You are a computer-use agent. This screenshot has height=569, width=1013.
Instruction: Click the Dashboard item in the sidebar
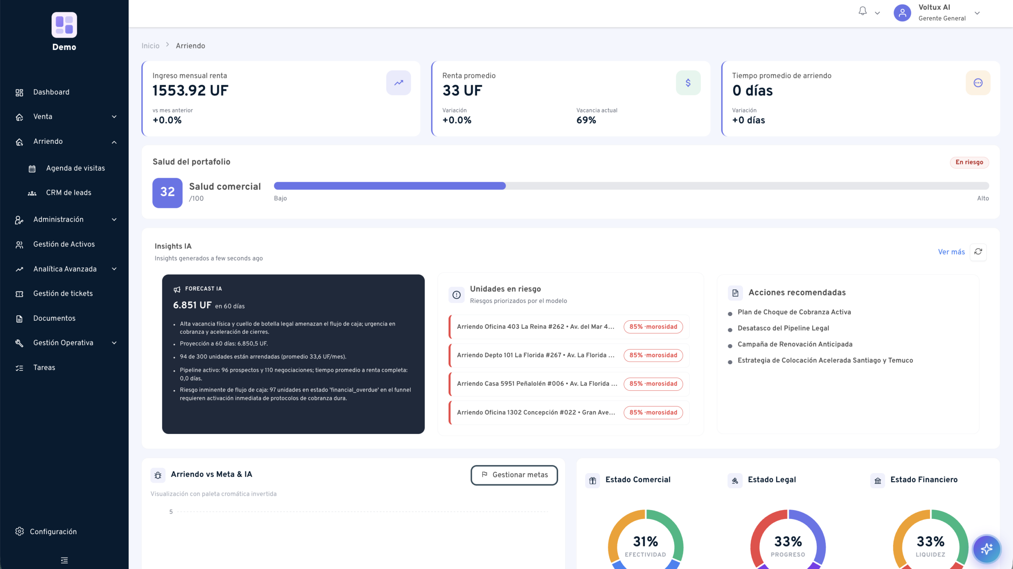(x=51, y=92)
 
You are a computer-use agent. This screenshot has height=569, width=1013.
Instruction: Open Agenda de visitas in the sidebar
(x=75, y=168)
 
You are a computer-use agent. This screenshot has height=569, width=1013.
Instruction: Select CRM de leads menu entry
(x=68, y=193)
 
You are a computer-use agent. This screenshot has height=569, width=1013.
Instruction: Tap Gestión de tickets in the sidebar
(x=63, y=293)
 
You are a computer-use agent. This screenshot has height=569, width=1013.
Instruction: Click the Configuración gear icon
(x=19, y=531)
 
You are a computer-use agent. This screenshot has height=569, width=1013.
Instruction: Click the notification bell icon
(x=863, y=11)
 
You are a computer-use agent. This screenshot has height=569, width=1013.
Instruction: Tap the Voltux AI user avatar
(x=902, y=13)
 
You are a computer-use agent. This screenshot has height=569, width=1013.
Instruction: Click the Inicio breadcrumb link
(x=150, y=46)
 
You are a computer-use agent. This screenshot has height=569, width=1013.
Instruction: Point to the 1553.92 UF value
(x=190, y=91)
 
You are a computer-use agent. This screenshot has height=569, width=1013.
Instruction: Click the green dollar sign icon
(x=688, y=83)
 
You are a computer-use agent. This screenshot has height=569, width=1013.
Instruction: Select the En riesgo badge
(x=969, y=162)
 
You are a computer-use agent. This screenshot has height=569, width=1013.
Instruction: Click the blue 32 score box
(x=167, y=192)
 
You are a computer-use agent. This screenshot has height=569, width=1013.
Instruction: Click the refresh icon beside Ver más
(x=978, y=252)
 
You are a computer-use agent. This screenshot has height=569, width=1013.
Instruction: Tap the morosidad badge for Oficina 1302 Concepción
(x=653, y=413)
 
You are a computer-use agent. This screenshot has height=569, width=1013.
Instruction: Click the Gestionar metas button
(x=514, y=475)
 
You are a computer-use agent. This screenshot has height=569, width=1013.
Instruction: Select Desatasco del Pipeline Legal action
(x=783, y=328)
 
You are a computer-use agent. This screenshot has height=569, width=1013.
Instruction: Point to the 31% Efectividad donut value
(x=645, y=541)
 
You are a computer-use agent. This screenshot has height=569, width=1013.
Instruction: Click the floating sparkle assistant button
(x=986, y=549)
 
